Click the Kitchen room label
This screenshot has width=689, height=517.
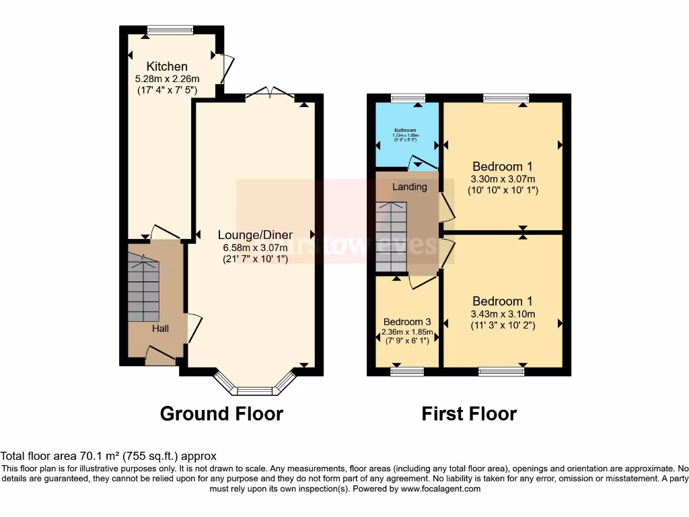click(x=167, y=66)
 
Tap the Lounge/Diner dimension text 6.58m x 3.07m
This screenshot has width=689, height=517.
click(x=255, y=247)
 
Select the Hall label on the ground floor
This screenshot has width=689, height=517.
click(x=159, y=329)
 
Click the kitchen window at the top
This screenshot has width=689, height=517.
click(x=170, y=29)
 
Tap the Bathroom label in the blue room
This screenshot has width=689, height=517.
click(x=405, y=130)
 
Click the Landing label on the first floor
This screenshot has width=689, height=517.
click(x=409, y=186)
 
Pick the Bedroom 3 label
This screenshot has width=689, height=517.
click(x=406, y=322)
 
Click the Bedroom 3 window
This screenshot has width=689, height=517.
click(x=406, y=371)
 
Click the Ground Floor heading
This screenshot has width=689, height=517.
click(x=221, y=413)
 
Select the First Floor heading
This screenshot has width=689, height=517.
click(x=469, y=413)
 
